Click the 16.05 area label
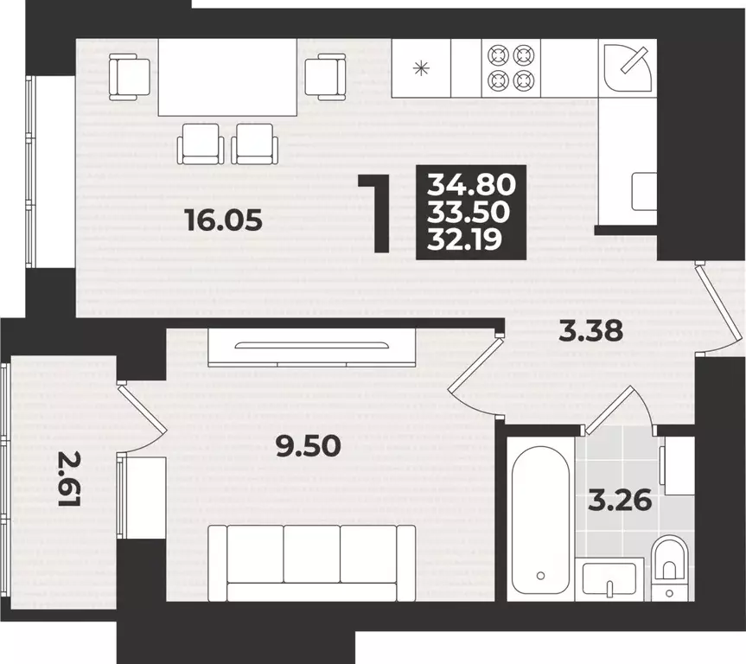click(x=224, y=220)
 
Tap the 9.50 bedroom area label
click(x=309, y=447)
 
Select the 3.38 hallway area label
click(x=591, y=331)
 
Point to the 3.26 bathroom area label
click(x=620, y=501)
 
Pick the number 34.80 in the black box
click(x=471, y=185)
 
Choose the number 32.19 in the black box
click(x=464, y=239)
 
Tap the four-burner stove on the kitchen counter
click(x=511, y=68)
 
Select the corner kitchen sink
click(x=628, y=68)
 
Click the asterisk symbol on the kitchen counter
click(x=421, y=68)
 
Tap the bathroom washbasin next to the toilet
click(x=609, y=579)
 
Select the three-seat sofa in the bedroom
click(x=312, y=563)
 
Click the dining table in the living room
click(x=227, y=77)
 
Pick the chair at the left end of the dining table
click(x=130, y=77)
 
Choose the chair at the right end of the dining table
click(x=325, y=77)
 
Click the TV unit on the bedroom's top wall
click(x=312, y=347)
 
